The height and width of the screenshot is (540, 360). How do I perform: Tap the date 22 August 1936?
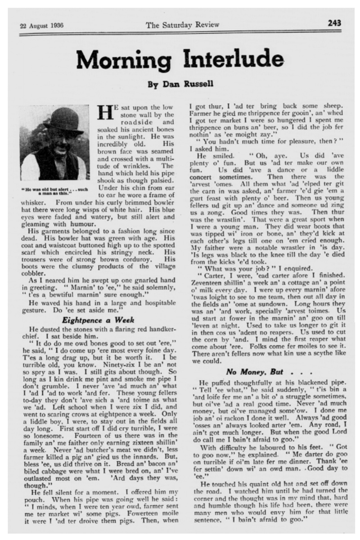coord(41,26)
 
